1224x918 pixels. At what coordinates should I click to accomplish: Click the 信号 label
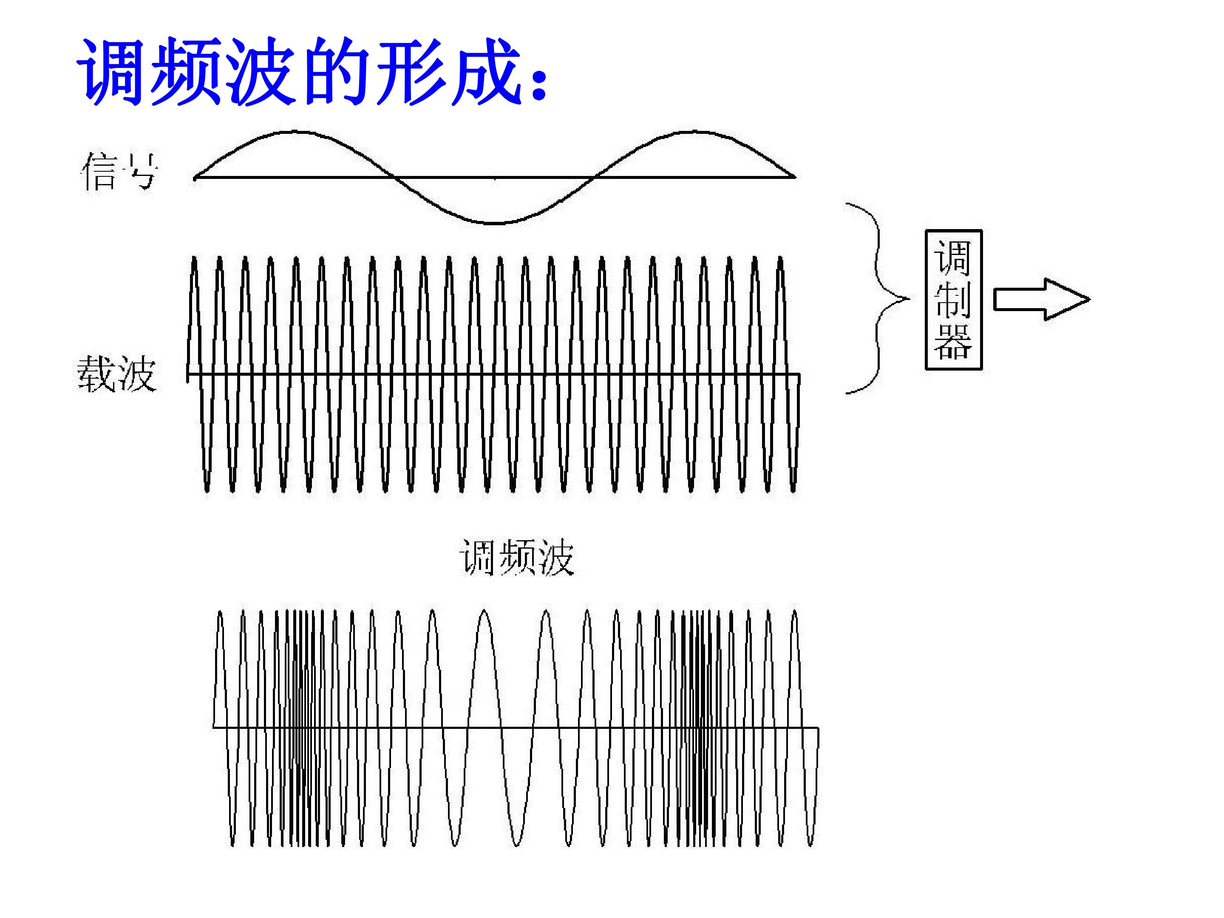tap(119, 172)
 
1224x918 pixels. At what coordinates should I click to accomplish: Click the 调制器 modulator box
tap(953, 299)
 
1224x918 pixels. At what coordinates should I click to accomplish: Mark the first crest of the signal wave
tap(296, 132)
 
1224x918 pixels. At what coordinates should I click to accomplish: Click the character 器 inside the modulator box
tap(953, 341)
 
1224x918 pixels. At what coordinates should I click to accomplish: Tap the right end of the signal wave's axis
tap(795, 177)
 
